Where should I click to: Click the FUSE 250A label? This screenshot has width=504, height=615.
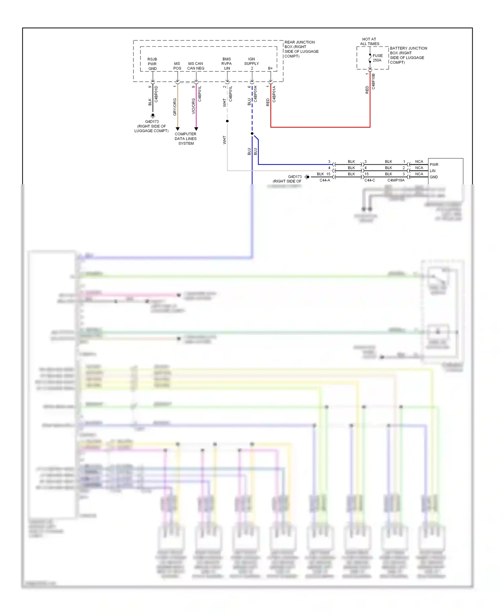[377, 58]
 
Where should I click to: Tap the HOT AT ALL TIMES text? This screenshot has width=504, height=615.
[369, 41]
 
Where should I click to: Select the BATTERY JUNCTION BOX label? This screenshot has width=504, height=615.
[408, 55]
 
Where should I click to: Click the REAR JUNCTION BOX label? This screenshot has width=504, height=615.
[301, 49]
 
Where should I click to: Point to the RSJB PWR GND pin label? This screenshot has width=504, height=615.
[152, 64]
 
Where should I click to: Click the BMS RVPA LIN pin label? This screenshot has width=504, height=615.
[227, 64]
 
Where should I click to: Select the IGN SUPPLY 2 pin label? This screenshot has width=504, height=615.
[252, 64]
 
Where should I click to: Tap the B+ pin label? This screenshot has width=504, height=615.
[270, 68]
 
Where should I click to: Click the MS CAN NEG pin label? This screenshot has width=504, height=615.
[196, 66]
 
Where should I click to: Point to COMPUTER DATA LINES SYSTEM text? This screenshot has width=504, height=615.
[185, 139]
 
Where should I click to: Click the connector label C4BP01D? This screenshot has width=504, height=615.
[156, 94]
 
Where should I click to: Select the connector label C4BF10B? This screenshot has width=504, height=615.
[373, 81]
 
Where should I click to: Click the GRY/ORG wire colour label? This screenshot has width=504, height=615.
[175, 107]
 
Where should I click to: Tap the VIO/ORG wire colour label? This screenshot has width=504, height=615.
[194, 106]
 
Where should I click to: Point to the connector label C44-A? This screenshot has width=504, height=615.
[325, 180]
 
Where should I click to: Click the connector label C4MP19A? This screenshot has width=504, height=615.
[396, 180]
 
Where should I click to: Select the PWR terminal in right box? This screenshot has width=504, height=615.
[434, 165]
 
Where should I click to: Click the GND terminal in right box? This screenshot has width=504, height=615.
[433, 177]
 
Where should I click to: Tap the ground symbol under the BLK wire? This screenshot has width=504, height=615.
[153, 115]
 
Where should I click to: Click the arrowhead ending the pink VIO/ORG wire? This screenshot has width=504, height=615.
[196, 129]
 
